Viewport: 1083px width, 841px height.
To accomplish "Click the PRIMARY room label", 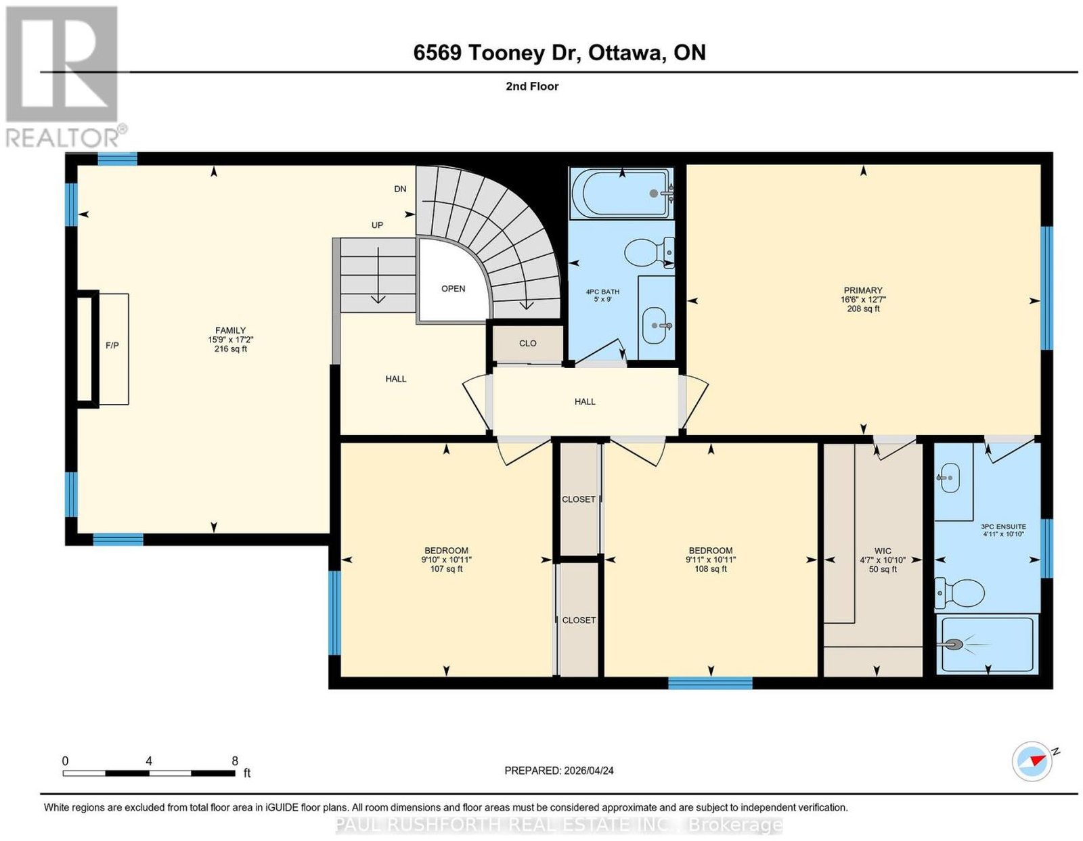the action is [863, 290].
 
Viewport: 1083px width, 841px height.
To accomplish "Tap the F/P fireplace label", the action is [112, 346].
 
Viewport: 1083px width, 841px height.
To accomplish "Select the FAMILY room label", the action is [230, 330].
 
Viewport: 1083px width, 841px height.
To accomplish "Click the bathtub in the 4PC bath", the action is [621, 194].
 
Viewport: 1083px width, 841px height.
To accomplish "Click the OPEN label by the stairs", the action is [453, 289].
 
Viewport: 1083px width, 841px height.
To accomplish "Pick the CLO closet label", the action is [527, 343].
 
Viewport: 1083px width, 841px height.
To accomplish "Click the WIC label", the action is [882, 551].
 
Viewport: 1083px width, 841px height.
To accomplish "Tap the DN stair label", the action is [400, 189].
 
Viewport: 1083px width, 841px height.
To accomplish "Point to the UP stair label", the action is [377, 225].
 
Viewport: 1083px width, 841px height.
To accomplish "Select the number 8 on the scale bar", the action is [235, 761].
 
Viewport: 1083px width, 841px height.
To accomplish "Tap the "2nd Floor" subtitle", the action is [532, 86].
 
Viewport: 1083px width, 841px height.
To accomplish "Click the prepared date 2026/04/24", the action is [589, 770].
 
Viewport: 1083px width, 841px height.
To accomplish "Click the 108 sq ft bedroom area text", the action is [711, 568].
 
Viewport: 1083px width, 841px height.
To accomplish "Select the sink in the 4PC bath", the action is [656, 325].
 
